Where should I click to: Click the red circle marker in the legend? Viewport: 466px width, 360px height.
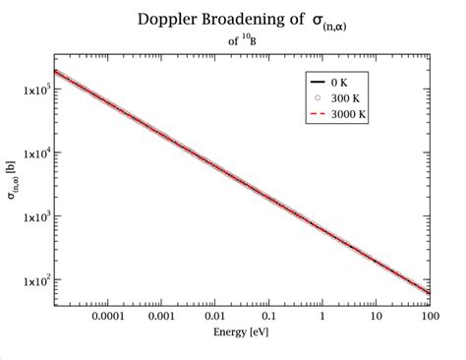(x=320, y=97)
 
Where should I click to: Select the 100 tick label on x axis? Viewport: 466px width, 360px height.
(x=430, y=318)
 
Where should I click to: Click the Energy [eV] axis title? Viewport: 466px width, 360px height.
(x=239, y=333)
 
